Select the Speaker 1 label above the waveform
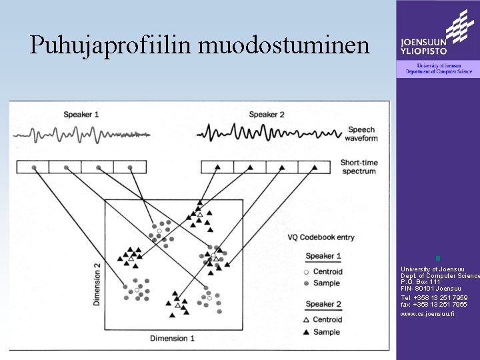pos(81,115)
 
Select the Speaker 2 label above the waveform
pos(267,115)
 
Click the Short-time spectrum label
pos(359,167)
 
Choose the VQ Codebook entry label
pos(321,237)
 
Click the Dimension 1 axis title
pos(172,339)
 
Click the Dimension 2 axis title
pos(97,284)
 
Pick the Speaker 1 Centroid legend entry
pos(323,271)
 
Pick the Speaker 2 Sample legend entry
pos(323,331)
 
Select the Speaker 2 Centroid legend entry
pos(323,319)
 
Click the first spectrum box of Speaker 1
pos(33,167)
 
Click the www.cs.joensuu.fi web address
pos(427,313)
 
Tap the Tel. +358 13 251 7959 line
pos(433,298)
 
